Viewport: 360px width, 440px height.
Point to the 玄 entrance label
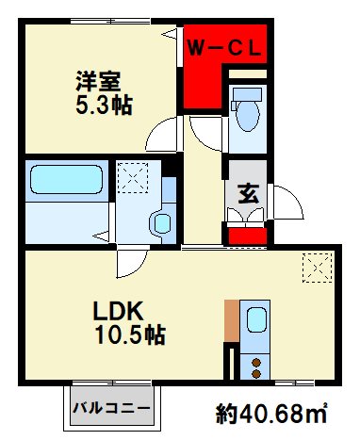[246, 194]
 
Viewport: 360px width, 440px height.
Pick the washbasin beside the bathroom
[161, 223]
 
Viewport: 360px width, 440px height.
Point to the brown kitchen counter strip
[231, 321]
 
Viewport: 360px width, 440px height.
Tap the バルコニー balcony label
[110, 409]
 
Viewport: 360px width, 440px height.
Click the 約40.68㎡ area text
[272, 413]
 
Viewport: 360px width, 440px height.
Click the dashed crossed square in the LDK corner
[318, 269]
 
